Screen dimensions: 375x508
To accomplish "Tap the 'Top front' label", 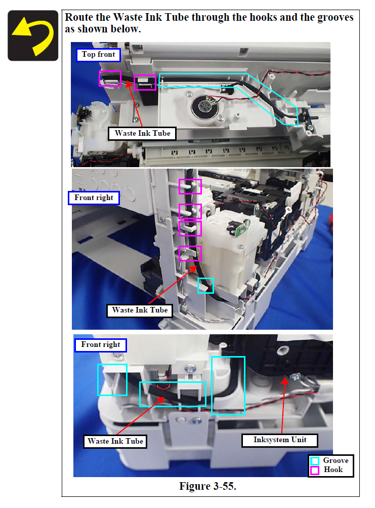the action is pyautogui.click(x=99, y=55).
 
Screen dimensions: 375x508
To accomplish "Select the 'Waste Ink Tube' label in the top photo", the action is pyautogui.click(x=142, y=134).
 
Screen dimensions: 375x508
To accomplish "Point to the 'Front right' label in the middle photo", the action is pyautogui.click(x=94, y=198).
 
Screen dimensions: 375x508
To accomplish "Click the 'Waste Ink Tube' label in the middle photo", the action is pyautogui.click(x=140, y=310).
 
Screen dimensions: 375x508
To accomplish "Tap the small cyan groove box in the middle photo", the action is pyautogui.click(x=205, y=286).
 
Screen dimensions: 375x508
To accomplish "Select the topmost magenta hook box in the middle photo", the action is pyautogui.click(x=190, y=186).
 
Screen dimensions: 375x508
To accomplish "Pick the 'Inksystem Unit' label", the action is pyautogui.click(x=280, y=440).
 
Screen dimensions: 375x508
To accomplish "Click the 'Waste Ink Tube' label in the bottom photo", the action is pyautogui.click(x=115, y=441).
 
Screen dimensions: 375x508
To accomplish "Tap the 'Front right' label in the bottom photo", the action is pyautogui.click(x=100, y=345).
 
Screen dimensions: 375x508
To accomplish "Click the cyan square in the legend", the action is pyautogui.click(x=314, y=461).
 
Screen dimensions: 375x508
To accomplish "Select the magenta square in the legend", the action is pyautogui.click(x=314, y=470).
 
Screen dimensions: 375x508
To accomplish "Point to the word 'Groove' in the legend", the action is pyautogui.click(x=336, y=461).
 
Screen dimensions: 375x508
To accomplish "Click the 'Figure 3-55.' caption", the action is pyautogui.click(x=208, y=486).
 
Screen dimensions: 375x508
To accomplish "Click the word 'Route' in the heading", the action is pyautogui.click(x=79, y=17).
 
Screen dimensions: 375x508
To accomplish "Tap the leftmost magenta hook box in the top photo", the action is pyautogui.click(x=110, y=79).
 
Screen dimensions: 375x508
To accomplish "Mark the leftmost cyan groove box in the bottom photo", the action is pyautogui.click(x=112, y=380).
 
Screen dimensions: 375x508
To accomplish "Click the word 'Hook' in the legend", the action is pyautogui.click(x=333, y=470).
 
